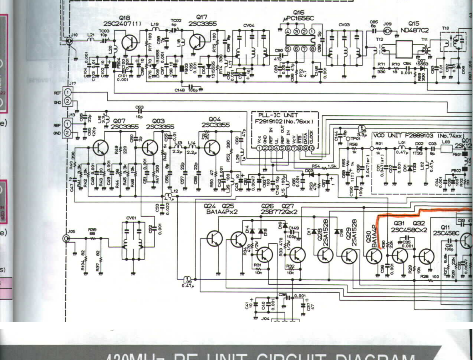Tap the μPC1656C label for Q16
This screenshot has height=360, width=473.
point(298,18)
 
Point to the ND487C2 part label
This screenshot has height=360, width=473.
point(415,30)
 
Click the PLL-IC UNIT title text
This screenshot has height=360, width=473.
point(278,115)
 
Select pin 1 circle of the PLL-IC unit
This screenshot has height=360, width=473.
point(259,148)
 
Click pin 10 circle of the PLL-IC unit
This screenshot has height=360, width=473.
point(311,148)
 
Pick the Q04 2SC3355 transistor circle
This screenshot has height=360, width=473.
point(211,147)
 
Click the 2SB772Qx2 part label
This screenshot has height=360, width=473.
point(279,212)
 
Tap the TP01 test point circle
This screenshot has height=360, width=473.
point(348,138)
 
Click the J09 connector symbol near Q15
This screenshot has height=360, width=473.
point(387,31)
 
